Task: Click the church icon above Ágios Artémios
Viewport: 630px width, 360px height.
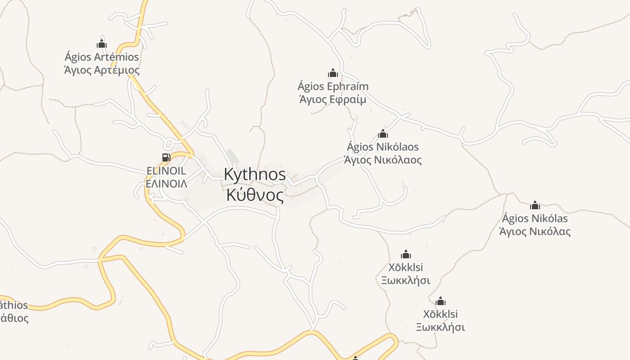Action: pyautogui.click(x=102, y=44)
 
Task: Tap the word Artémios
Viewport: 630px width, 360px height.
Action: pyautogui.click(x=116, y=57)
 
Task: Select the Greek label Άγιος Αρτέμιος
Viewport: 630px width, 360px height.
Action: pyautogui.click(x=102, y=70)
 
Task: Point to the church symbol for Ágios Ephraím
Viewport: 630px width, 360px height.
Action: pyautogui.click(x=333, y=73)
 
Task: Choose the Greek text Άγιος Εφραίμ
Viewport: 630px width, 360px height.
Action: pyautogui.click(x=333, y=99)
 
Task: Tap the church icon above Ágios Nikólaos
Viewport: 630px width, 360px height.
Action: pyautogui.click(x=383, y=134)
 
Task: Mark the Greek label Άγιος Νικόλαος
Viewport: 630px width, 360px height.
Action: pyautogui.click(x=383, y=160)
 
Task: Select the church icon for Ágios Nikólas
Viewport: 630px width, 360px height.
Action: pyautogui.click(x=535, y=205)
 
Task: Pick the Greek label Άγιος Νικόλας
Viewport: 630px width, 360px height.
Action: pyautogui.click(x=535, y=232)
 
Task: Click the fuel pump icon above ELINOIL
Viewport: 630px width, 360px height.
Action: pyautogui.click(x=166, y=157)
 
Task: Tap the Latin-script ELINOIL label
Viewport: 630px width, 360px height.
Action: pyautogui.click(x=166, y=171)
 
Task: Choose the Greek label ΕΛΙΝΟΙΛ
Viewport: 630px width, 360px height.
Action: pyautogui.click(x=166, y=184)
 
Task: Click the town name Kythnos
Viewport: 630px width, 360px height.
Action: pyautogui.click(x=255, y=175)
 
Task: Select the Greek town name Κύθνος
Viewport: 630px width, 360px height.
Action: pyautogui.click(x=255, y=195)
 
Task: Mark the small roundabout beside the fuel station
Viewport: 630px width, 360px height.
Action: pyautogui.click(x=169, y=144)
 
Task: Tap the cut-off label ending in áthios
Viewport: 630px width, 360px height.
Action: pyautogui.click(x=14, y=305)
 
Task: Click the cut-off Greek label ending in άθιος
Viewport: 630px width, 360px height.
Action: pyautogui.click(x=14, y=318)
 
